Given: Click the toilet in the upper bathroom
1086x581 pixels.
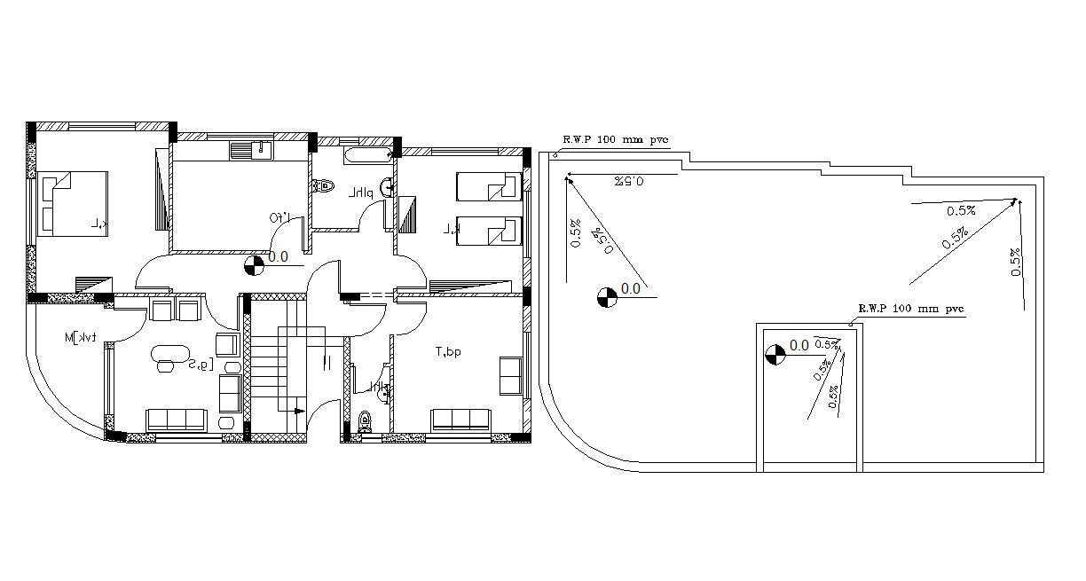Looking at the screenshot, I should (323, 187).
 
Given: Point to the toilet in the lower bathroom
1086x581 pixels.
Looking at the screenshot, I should (364, 421).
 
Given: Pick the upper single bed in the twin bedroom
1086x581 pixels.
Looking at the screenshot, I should (487, 186).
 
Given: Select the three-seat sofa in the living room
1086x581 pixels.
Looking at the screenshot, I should (177, 420).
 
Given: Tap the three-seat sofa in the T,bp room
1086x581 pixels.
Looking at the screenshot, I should (461, 420).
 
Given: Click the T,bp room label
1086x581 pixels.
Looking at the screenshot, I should (448, 352).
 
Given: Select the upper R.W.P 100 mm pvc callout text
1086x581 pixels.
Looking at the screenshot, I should (614, 139).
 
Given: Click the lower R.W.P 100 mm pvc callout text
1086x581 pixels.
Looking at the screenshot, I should (909, 309).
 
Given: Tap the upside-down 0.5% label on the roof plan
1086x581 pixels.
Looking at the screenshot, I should (628, 181).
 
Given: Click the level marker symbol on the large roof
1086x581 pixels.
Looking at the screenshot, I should (607, 296).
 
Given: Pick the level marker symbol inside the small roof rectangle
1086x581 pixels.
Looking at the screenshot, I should (775, 354).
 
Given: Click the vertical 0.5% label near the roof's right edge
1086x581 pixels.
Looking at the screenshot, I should (1015, 262).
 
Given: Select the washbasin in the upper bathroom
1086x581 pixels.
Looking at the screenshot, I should (387, 187).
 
